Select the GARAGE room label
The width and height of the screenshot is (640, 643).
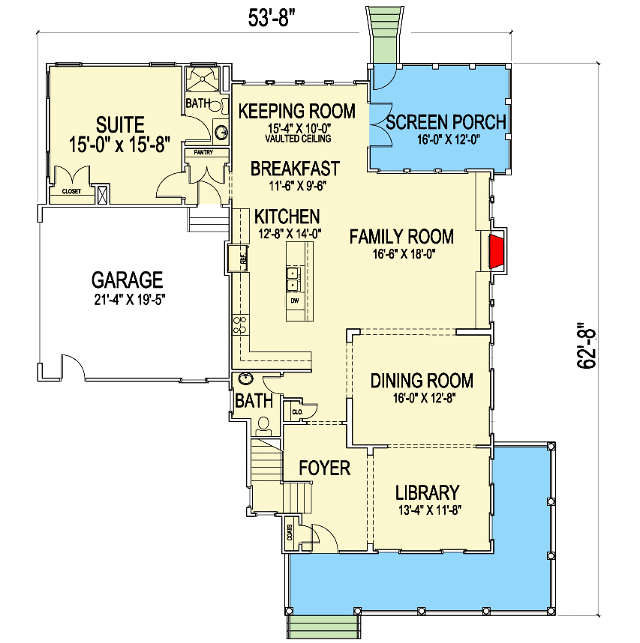[127, 280]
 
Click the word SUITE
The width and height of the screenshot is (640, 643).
[120, 124]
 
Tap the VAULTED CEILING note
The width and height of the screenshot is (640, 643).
[297, 139]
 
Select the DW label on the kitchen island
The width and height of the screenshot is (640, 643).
[294, 301]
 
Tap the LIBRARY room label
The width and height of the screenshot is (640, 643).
[427, 493]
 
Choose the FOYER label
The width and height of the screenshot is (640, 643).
[324, 468]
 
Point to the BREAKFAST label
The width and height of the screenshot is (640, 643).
[295, 169]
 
